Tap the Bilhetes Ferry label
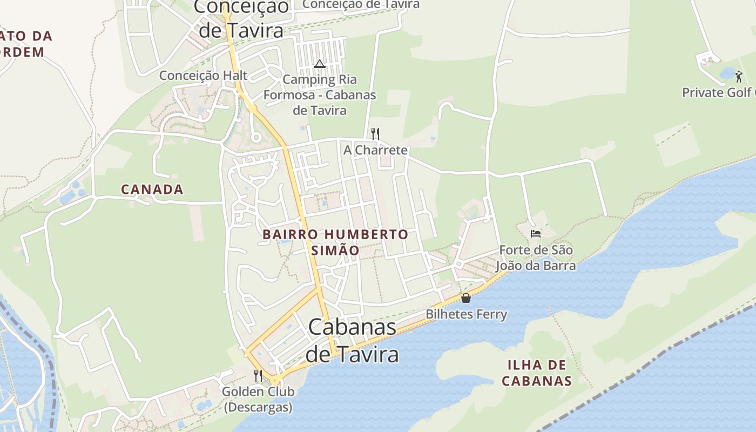point(466,314)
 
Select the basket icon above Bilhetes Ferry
point(466,298)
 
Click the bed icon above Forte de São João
point(535,233)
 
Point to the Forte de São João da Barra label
point(536,258)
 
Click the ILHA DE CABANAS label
point(536,373)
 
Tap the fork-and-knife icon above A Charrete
point(375,133)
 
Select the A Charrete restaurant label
point(375,150)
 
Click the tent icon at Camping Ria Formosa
point(320,64)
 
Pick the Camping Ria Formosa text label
point(320,95)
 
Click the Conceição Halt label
point(203,76)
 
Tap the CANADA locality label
point(152,190)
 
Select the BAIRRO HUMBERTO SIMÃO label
point(335,242)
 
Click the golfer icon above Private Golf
point(739,77)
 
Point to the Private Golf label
point(718,92)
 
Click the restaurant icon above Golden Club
point(258,375)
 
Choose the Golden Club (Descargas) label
point(258,399)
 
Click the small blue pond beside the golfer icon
point(727,73)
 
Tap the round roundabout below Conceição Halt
point(256,137)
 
